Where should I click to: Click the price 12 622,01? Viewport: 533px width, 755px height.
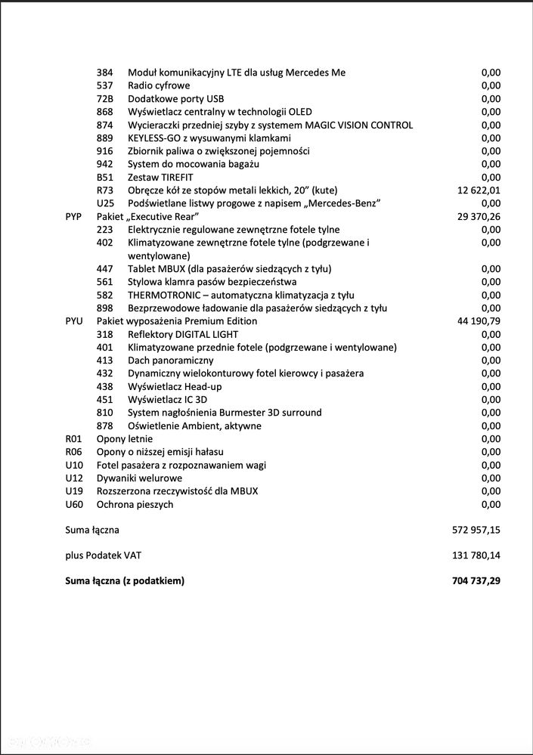[x=479, y=190]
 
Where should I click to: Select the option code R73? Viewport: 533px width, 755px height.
[x=104, y=190]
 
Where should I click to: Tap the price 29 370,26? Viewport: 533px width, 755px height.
[x=479, y=216]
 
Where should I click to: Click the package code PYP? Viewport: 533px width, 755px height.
[x=73, y=216]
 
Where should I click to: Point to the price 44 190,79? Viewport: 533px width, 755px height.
[x=479, y=321]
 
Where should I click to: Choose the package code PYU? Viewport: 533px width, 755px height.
[x=73, y=321]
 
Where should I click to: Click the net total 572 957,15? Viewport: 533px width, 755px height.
[x=476, y=530]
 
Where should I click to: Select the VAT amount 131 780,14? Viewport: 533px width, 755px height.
[x=476, y=555]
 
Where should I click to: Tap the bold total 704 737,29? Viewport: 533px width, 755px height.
[x=476, y=581]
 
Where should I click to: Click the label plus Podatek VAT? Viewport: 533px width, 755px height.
[x=104, y=555]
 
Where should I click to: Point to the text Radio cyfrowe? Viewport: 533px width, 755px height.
[x=159, y=85]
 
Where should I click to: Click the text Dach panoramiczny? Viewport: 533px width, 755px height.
[x=171, y=360]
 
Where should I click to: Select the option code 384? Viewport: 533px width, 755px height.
[x=104, y=73]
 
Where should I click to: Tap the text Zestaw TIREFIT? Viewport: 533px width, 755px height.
[x=160, y=177]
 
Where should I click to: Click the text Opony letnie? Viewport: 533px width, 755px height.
[x=125, y=438]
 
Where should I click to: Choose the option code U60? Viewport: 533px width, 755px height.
[x=73, y=504]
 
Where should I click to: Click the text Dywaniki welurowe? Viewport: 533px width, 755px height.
[x=139, y=478]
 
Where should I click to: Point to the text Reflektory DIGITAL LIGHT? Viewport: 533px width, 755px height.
[x=183, y=334]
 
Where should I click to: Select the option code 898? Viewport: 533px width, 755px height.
[x=104, y=308]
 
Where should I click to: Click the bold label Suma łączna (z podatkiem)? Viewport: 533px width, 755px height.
[x=125, y=581]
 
